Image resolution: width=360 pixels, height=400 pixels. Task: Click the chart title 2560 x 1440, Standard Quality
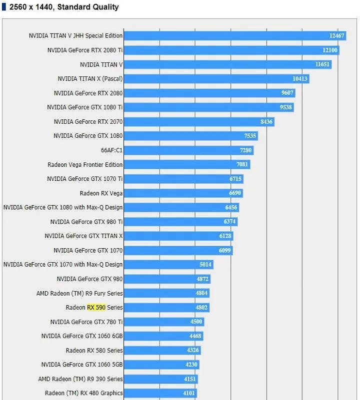64,7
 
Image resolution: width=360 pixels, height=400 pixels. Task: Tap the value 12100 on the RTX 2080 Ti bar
330,50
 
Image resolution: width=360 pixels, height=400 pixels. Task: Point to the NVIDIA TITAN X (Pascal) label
90,78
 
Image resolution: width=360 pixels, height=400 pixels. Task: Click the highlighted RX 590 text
96,308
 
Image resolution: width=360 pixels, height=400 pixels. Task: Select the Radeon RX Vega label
101,193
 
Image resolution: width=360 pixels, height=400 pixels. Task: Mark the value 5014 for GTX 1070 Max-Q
205,265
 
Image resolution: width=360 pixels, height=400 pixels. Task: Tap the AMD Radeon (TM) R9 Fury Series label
79,293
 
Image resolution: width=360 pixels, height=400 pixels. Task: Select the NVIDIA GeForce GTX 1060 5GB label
82,365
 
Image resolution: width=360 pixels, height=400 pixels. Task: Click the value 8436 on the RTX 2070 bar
266,121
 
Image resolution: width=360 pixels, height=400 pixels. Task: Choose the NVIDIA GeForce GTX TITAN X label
83,236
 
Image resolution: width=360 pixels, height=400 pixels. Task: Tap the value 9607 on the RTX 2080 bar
287,93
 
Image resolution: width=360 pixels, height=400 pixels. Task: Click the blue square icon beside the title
4,7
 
